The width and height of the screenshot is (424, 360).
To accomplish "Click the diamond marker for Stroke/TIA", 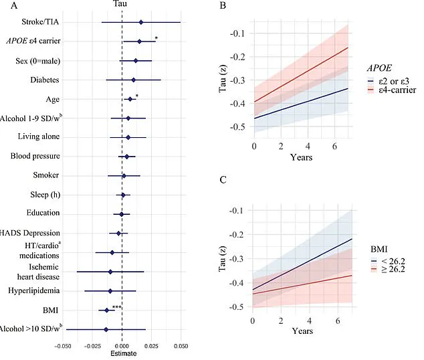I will (x=140, y=22).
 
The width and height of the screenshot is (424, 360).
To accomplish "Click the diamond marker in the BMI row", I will (x=106, y=310).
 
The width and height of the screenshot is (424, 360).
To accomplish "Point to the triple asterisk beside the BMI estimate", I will (x=116, y=308).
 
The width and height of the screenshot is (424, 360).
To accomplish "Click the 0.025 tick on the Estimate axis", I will (x=151, y=348).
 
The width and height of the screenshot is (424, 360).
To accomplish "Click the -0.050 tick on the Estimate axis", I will (x=64, y=348).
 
